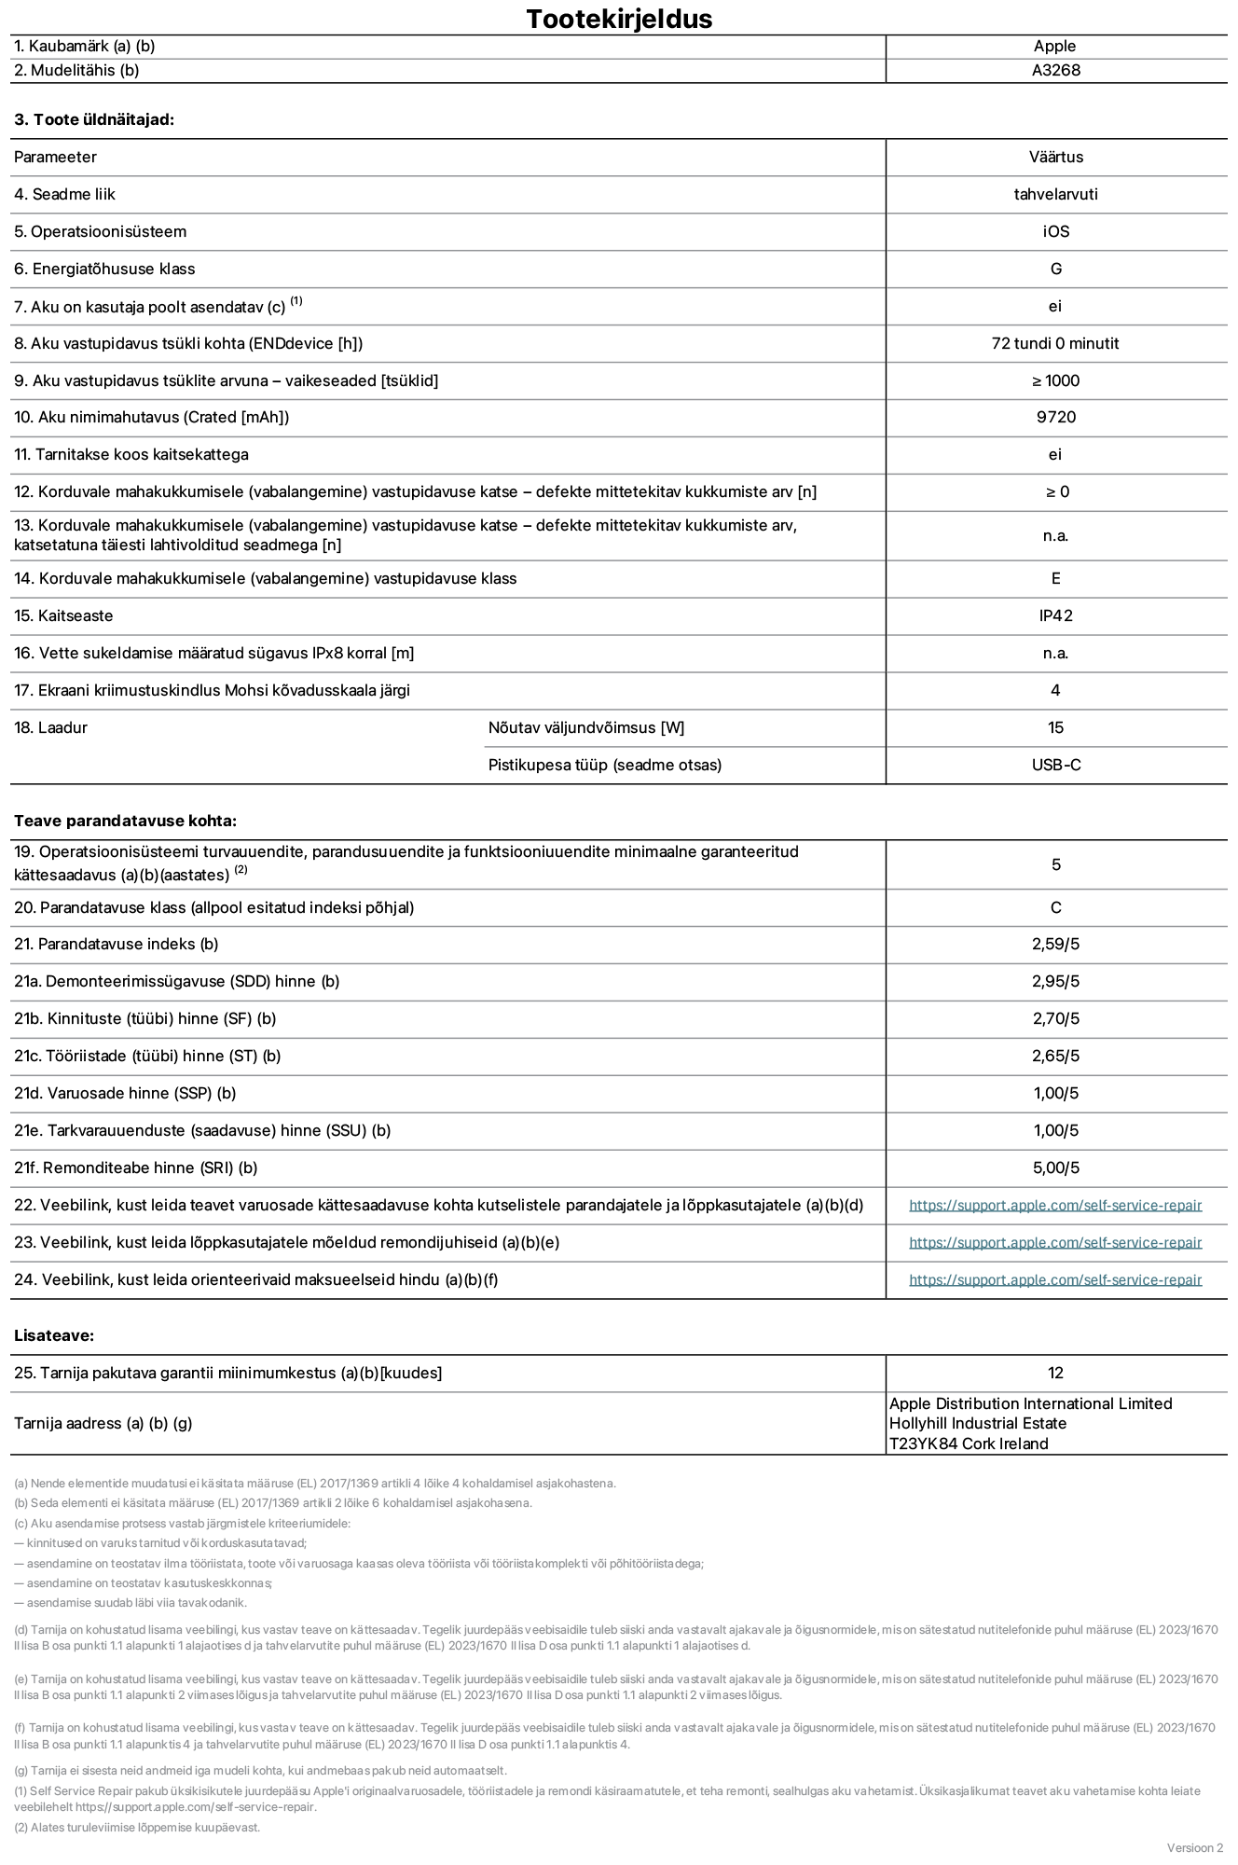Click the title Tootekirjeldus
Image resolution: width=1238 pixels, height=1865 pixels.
click(x=619, y=19)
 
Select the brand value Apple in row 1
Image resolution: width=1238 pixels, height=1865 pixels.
click(x=1054, y=46)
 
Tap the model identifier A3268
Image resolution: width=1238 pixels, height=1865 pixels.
click(x=1055, y=70)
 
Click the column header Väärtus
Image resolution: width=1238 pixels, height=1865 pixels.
click(x=1055, y=157)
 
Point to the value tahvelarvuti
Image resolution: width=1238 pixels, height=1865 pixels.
click(x=1055, y=194)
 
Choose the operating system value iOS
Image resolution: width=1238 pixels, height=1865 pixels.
click(x=1055, y=231)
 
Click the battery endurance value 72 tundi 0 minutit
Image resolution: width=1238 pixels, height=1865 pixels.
click(x=1055, y=343)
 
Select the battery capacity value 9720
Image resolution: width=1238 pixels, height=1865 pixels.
click(x=1055, y=417)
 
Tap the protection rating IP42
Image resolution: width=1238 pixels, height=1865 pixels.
click(x=1055, y=615)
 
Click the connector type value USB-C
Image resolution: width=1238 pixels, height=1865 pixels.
click(x=1055, y=765)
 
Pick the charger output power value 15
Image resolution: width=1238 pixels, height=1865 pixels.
click(x=1055, y=727)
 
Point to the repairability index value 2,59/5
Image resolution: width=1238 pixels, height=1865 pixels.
click(x=1055, y=944)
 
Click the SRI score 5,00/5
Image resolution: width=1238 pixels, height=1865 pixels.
click(x=1055, y=1167)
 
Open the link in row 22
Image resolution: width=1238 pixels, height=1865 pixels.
click(x=1055, y=1205)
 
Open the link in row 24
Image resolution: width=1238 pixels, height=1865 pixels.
click(x=1055, y=1279)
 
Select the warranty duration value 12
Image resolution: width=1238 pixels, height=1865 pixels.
click(x=1055, y=1373)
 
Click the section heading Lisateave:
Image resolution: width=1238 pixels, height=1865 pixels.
click(x=54, y=1335)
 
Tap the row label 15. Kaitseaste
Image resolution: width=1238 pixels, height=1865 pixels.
click(x=63, y=615)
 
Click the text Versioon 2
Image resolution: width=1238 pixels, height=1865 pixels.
click(x=1194, y=1847)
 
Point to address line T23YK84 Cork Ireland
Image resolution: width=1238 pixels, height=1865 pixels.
click(x=968, y=1444)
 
